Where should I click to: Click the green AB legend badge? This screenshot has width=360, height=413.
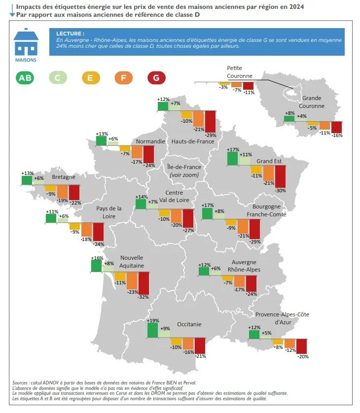pyautogui.click(x=27, y=77)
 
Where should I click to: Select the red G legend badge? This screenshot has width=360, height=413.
pyautogui.click(x=156, y=77)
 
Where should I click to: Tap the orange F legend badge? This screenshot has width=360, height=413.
pyautogui.click(x=123, y=77)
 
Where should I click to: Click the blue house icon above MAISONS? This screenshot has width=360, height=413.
pyautogui.click(x=26, y=43)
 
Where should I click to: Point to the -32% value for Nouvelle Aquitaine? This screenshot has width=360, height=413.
pyautogui.click(x=144, y=297)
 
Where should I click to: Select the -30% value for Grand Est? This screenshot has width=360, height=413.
pyautogui.click(x=281, y=190)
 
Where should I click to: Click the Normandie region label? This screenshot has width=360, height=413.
pyautogui.click(x=150, y=141)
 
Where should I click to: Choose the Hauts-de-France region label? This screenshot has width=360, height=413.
pyautogui.click(x=192, y=141)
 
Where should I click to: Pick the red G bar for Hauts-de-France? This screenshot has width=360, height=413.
pyautogui.click(x=211, y=121)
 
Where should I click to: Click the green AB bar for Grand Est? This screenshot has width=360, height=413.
pyautogui.click(x=232, y=159)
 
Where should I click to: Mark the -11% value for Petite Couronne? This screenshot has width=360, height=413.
pyautogui.click(x=249, y=92)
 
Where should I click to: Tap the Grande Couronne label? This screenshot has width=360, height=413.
pyautogui.click(x=313, y=102)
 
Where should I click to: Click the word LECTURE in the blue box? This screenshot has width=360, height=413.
pyautogui.click(x=67, y=33)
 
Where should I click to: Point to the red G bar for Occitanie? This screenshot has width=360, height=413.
pyautogui.click(x=200, y=345)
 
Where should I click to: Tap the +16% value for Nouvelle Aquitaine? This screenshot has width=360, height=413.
pyautogui.click(x=96, y=257)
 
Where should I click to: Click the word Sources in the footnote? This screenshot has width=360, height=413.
pyautogui.click(x=21, y=383)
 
